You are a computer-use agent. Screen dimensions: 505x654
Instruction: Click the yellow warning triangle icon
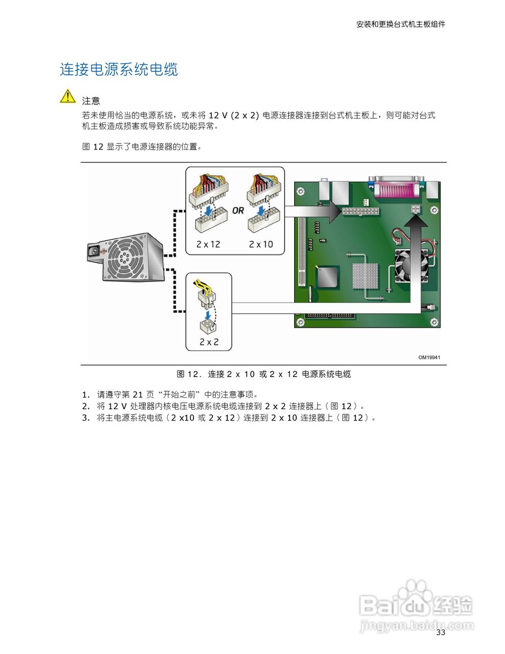point(67,96)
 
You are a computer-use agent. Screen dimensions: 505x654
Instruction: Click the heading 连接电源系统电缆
point(118,69)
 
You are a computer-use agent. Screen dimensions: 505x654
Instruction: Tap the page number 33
point(441,633)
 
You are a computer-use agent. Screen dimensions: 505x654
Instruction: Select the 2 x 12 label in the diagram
point(208,244)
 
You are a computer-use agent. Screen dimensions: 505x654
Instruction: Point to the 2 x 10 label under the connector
point(261,244)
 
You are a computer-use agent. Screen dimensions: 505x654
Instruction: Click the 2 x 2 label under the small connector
point(209,342)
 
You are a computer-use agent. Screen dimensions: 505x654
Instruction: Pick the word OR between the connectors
point(238,211)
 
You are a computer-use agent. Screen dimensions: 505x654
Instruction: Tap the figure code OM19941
point(429,357)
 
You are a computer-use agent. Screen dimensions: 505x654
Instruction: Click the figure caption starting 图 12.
point(263,374)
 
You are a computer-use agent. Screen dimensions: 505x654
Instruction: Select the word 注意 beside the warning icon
point(91,101)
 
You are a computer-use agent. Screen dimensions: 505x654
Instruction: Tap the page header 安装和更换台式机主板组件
point(400,24)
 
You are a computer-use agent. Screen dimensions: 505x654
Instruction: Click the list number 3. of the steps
point(86,417)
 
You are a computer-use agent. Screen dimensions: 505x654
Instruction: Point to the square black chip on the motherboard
point(326,277)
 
